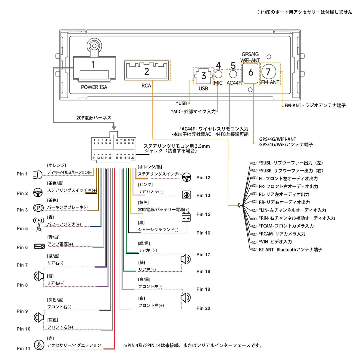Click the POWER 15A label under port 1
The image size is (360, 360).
[94, 87]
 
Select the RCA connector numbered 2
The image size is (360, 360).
[146, 71]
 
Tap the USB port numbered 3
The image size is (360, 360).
[203, 76]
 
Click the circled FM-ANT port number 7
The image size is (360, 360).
[268, 71]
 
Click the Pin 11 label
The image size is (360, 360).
[23, 348]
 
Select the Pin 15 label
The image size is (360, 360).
[203, 214]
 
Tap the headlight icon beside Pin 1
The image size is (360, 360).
[38, 175]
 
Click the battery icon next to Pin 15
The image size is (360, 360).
[186, 217]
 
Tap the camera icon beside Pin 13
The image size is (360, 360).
[186, 195]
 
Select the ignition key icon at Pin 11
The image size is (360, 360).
[39, 345]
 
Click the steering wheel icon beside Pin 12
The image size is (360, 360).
[187, 178]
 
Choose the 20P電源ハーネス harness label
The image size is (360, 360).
[94, 118]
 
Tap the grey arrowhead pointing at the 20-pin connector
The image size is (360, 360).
[114, 128]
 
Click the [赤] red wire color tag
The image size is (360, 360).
[50, 338]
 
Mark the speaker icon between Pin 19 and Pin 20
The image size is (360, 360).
[185, 297]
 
